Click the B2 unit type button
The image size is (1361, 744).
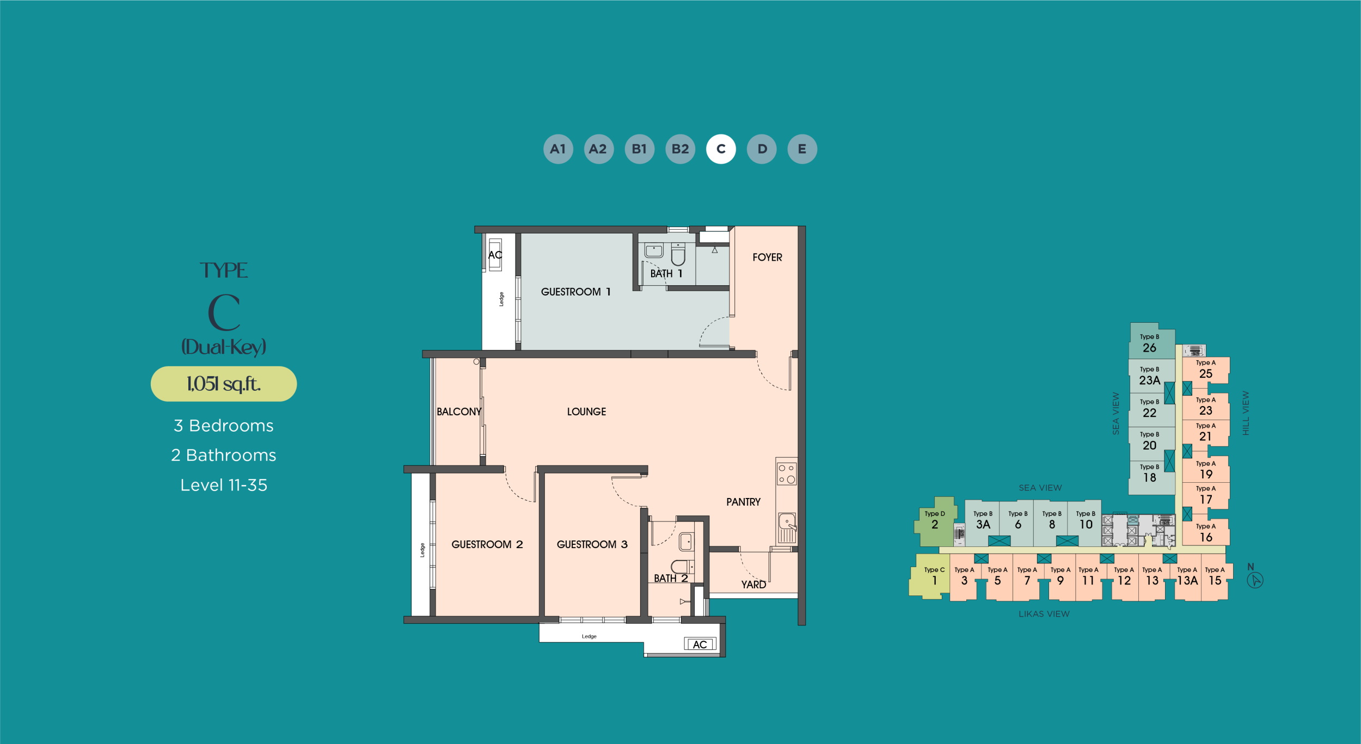pyautogui.click(x=680, y=149)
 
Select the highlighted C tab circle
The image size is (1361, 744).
pyautogui.click(x=721, y=149)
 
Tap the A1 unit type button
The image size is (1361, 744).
pyautogui.click(x=558, y=149)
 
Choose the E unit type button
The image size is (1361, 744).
pyautogui.click(x=802, y=149)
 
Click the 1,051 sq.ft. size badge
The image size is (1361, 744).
pyautogui.click(x=224, y=384)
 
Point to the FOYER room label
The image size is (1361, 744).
pyautogui.click(x=767, y=257)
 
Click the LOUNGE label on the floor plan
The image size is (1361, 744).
pyautogui.click(x=586, y=412)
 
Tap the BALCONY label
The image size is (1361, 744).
pyautogui.click(x=459, y=412)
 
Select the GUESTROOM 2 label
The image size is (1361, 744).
pyautogui.click(x=487, y=544)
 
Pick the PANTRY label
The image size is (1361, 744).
pyautogui.click(x=743, y=502)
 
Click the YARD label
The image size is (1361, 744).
pyautogui.click(x=753, y=585)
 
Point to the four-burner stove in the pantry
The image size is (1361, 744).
pyautogui.click(x=787, y=474)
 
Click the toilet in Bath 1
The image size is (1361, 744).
pyautogui.click(x=678, y=254)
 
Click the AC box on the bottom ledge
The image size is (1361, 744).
pyautogui.click(x=700, y=644)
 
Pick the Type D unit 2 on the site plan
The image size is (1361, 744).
pyautogui.click(x=935, y=521)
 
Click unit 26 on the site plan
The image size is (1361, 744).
pyautogui.click(x=1151, y=342)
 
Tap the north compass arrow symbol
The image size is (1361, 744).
pyautogui.click(x=1255, y=580)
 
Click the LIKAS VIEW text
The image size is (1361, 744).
pyautogui.click(x=1044, y=614)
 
